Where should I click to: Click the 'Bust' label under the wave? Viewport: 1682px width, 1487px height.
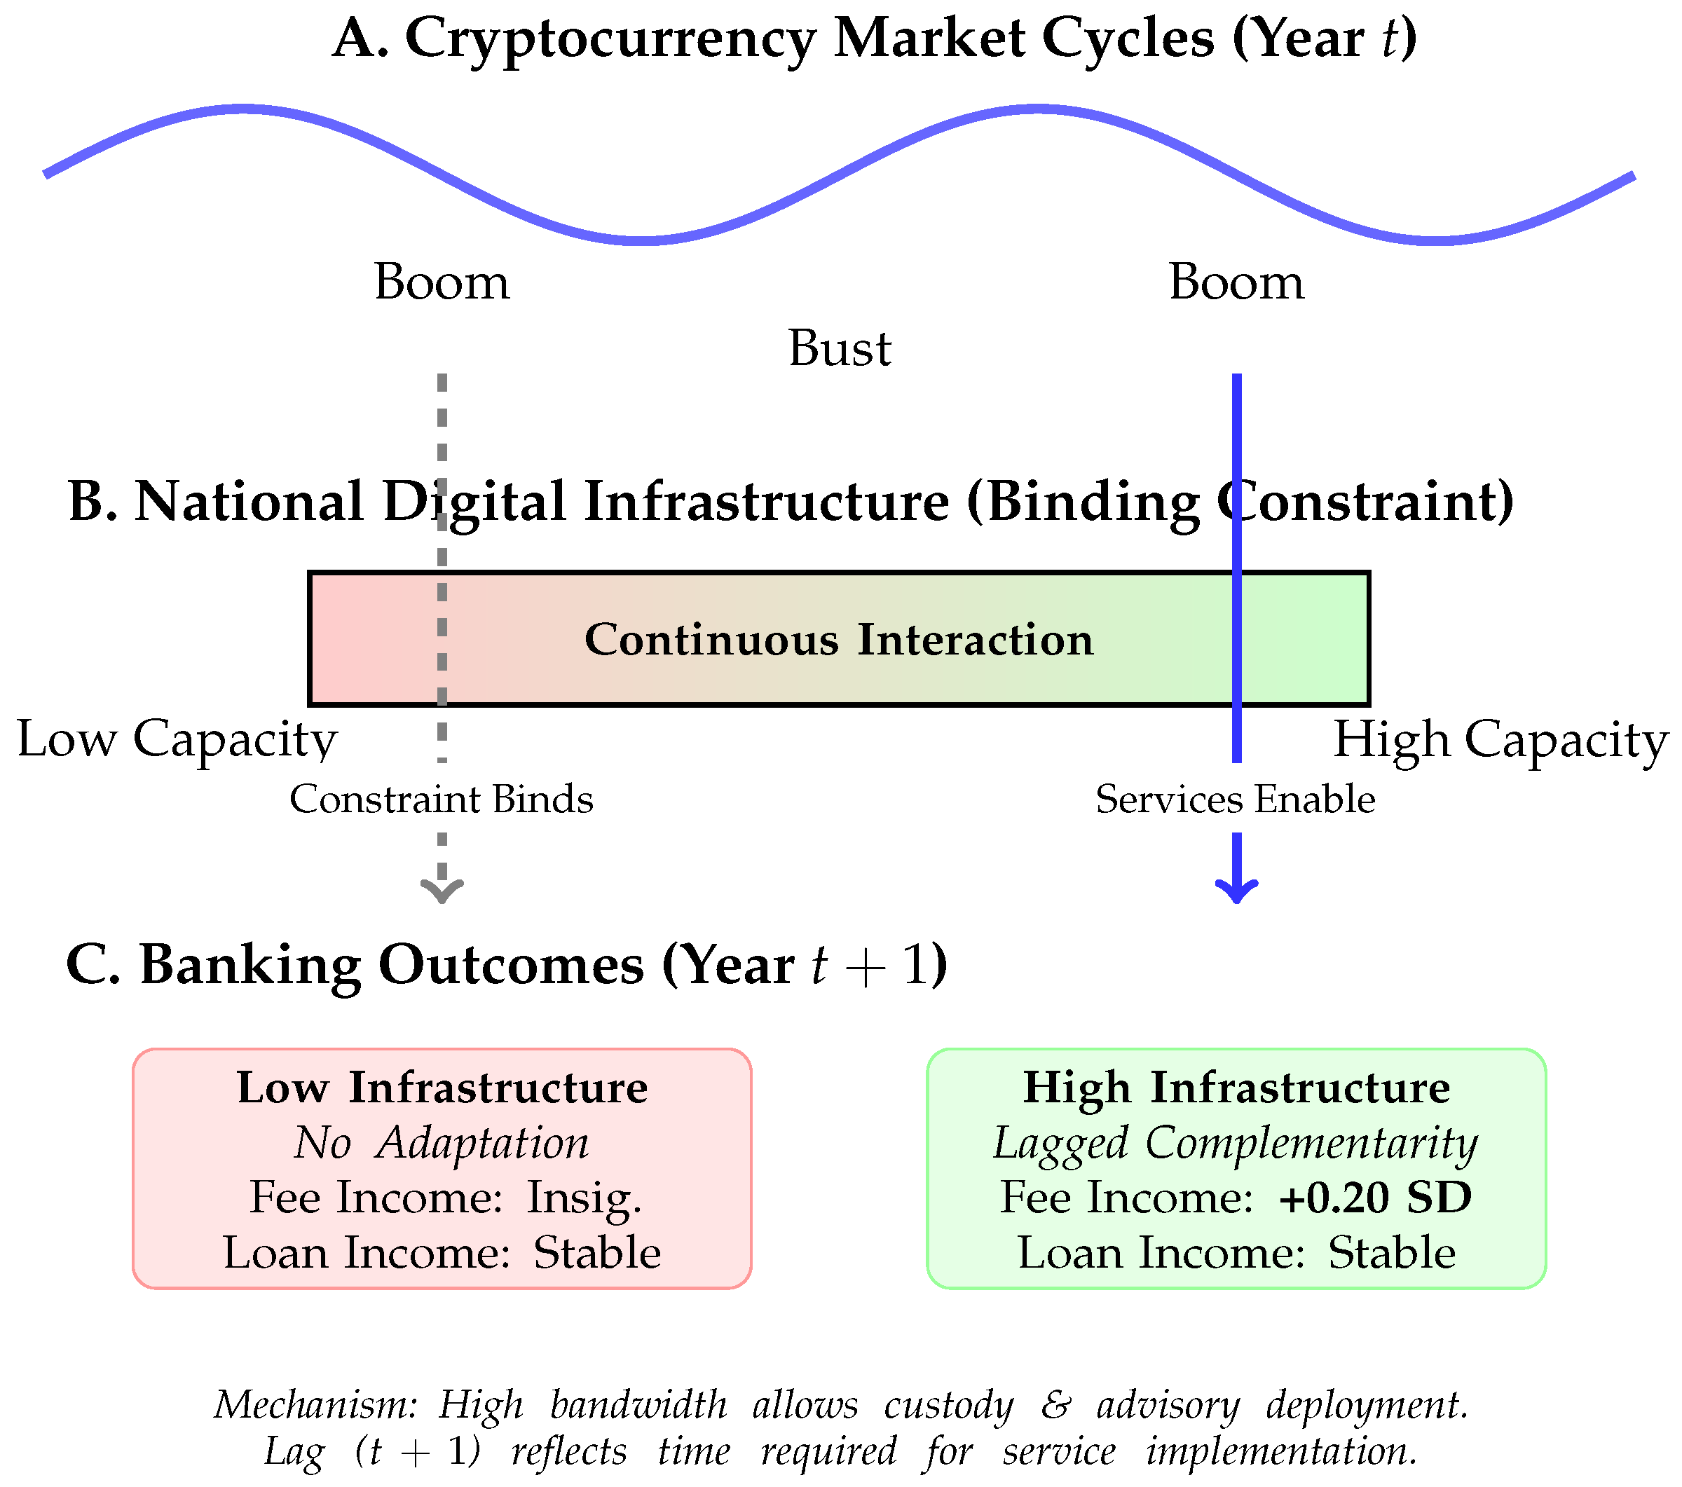840,348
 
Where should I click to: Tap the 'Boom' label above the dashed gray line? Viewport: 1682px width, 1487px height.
442,282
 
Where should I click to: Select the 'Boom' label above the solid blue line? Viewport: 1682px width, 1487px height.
1236,282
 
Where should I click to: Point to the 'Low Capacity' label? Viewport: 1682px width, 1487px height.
177,739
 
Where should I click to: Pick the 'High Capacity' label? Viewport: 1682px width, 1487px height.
1500,739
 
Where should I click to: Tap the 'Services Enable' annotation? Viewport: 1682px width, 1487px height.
1235,799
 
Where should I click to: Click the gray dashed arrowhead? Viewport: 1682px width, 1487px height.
442,891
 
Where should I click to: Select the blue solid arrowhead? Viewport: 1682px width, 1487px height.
1237,891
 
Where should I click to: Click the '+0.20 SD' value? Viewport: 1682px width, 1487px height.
1374,1198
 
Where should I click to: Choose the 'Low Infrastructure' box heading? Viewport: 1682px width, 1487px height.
442,1087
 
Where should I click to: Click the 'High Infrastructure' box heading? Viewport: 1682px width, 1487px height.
1236,1087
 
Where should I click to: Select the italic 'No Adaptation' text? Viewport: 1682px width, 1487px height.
442,1143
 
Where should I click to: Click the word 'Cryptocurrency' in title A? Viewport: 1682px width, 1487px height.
610,39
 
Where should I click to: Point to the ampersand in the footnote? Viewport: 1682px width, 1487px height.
1055,1405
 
